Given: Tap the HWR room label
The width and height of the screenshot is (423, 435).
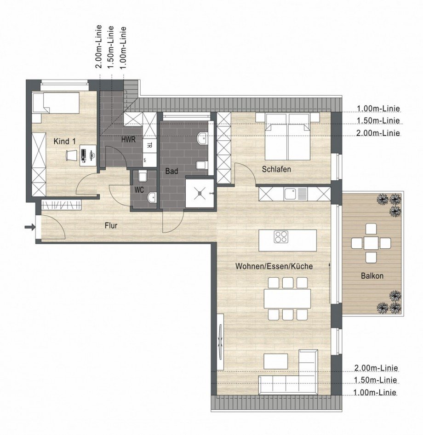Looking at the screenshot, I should (128, 140).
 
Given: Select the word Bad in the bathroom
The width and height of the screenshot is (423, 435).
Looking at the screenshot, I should (171, 171).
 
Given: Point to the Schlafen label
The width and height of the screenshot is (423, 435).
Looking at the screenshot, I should (276, 169).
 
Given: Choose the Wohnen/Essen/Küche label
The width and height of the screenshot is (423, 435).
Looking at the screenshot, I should (274, 266).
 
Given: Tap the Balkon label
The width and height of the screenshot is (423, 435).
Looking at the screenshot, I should (372, 276).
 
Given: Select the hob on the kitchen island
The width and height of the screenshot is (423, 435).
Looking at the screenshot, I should (281, 237).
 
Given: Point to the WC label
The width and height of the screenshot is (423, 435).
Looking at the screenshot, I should (140, 189).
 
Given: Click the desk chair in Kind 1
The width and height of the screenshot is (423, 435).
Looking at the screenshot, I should (70, 155).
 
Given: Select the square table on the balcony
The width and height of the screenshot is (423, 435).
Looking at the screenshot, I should (371, 243).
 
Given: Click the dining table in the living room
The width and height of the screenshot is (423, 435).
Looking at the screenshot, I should (287, 298).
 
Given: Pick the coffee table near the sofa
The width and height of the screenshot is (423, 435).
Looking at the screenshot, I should (276, 361).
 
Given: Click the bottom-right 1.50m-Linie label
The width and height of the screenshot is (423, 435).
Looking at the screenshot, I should (375, 380).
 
